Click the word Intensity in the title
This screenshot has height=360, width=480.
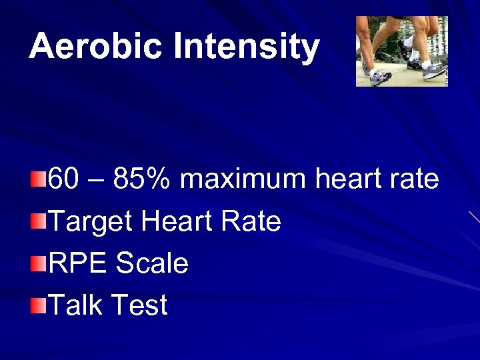tap(246, 47)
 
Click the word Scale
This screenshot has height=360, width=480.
tap(152, 263)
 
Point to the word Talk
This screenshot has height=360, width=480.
tap(75, 305)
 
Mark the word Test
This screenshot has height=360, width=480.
tap(139, 305)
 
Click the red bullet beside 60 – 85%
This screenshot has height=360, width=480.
tap(39, 179)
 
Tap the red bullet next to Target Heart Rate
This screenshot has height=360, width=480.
tap(39, 221)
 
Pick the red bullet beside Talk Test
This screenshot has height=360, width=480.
tap(39, 305)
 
